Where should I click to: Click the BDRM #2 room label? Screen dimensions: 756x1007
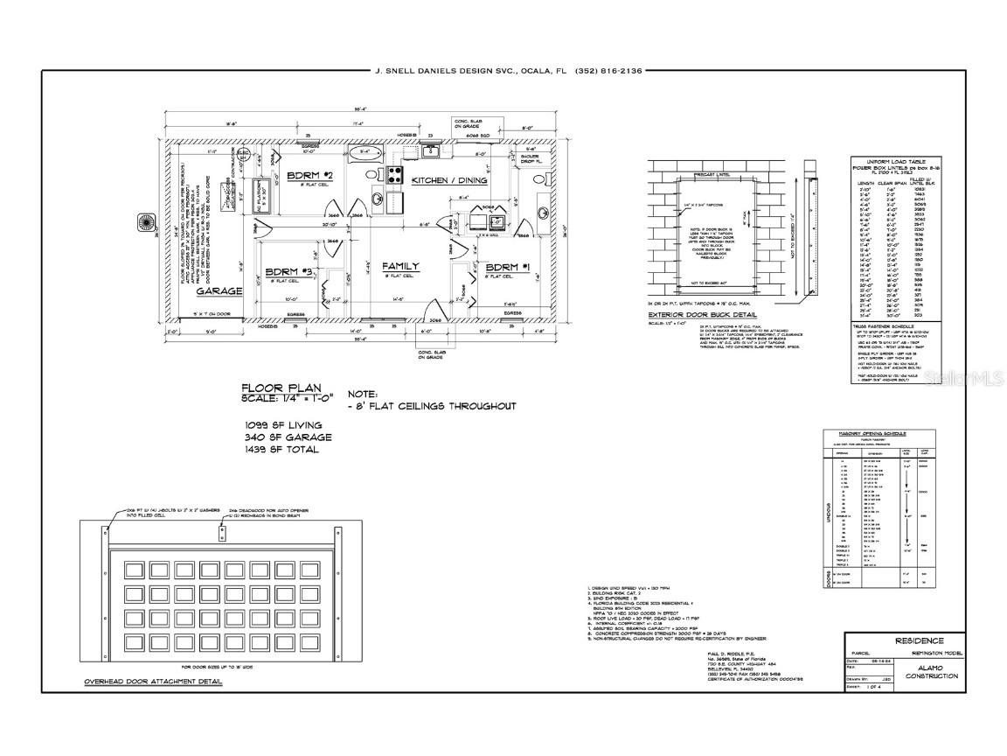306,177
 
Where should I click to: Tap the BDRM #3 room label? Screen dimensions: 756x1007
283,271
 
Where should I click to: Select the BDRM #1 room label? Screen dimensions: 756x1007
503,268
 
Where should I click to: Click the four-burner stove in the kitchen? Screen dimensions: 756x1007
394,173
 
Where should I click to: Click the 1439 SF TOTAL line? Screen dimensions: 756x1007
282,449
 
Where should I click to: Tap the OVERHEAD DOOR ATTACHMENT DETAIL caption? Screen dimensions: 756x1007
153,681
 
